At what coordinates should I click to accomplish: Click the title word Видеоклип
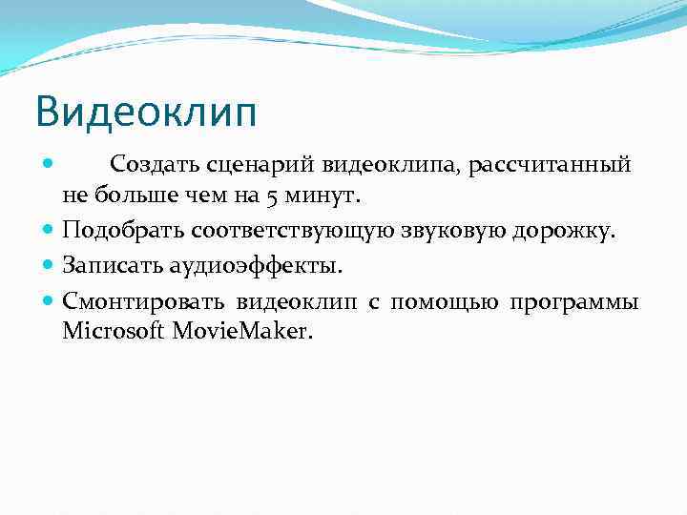pos(146,113)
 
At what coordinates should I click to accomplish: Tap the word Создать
pos(154,164)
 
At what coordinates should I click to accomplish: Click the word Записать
pos(113,265)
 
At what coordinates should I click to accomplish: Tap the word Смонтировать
pos(144,301)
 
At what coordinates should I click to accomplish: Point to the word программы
pos(573,301)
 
